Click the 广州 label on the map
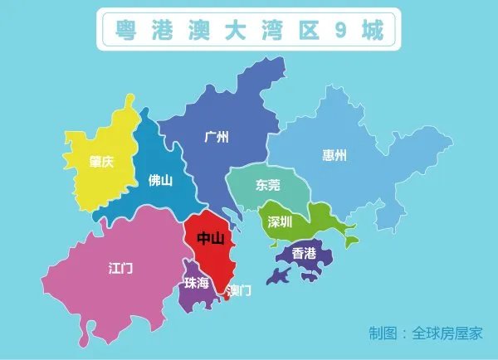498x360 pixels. (x=217, y=137)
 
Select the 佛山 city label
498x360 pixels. (x=160, y=180)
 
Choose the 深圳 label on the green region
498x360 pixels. (x=280, y=221)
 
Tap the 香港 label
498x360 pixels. (x=304, y=253)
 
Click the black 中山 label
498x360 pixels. (x=210, y=239)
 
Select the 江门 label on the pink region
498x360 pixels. (x=121, y=269)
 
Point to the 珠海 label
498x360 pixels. (x=197, y=283)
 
